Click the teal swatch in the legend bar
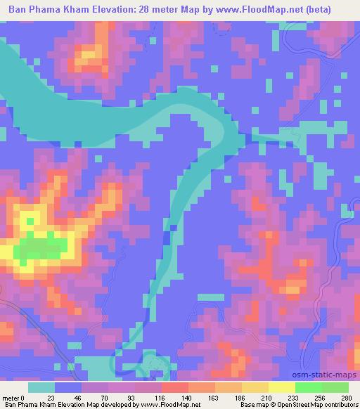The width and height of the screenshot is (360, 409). [42, 387]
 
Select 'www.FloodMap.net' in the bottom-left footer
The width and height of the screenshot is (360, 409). [168, 404]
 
